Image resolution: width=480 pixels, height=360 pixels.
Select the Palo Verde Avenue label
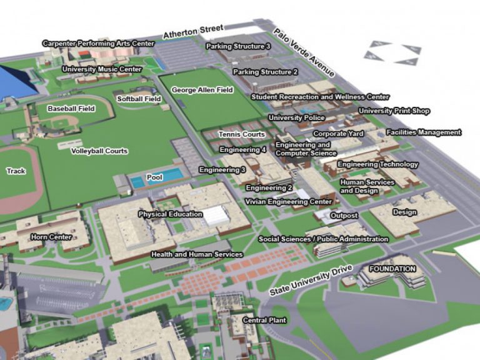[x=304, y=54]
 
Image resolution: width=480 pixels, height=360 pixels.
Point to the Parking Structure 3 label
[x=238, y=46]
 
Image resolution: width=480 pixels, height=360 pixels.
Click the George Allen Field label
[x=202, y=90]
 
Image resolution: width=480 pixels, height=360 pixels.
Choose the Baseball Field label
[x=71, y=109]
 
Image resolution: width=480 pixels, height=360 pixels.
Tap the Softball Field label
[x=139, y=99]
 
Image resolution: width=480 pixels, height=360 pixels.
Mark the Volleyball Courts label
[x=99, y=151]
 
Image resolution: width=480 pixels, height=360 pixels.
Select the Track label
[x=16, y=171]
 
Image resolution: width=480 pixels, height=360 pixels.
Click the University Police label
[x=296, y=117]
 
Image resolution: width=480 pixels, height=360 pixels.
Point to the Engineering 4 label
[x=242, y=150]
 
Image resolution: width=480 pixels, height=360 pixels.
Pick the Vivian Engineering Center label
[x=289, y=202]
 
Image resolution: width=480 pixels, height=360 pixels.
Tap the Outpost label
[x=344, y=216]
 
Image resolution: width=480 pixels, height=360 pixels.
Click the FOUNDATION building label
[x=392, y=269]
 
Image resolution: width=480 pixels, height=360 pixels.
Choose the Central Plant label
[x=264, y=320]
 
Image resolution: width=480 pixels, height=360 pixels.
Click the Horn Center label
[x=51, y=237]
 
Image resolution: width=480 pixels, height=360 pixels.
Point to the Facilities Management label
[x=423, y=132]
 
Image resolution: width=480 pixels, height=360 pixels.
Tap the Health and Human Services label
[x=197, y=254]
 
